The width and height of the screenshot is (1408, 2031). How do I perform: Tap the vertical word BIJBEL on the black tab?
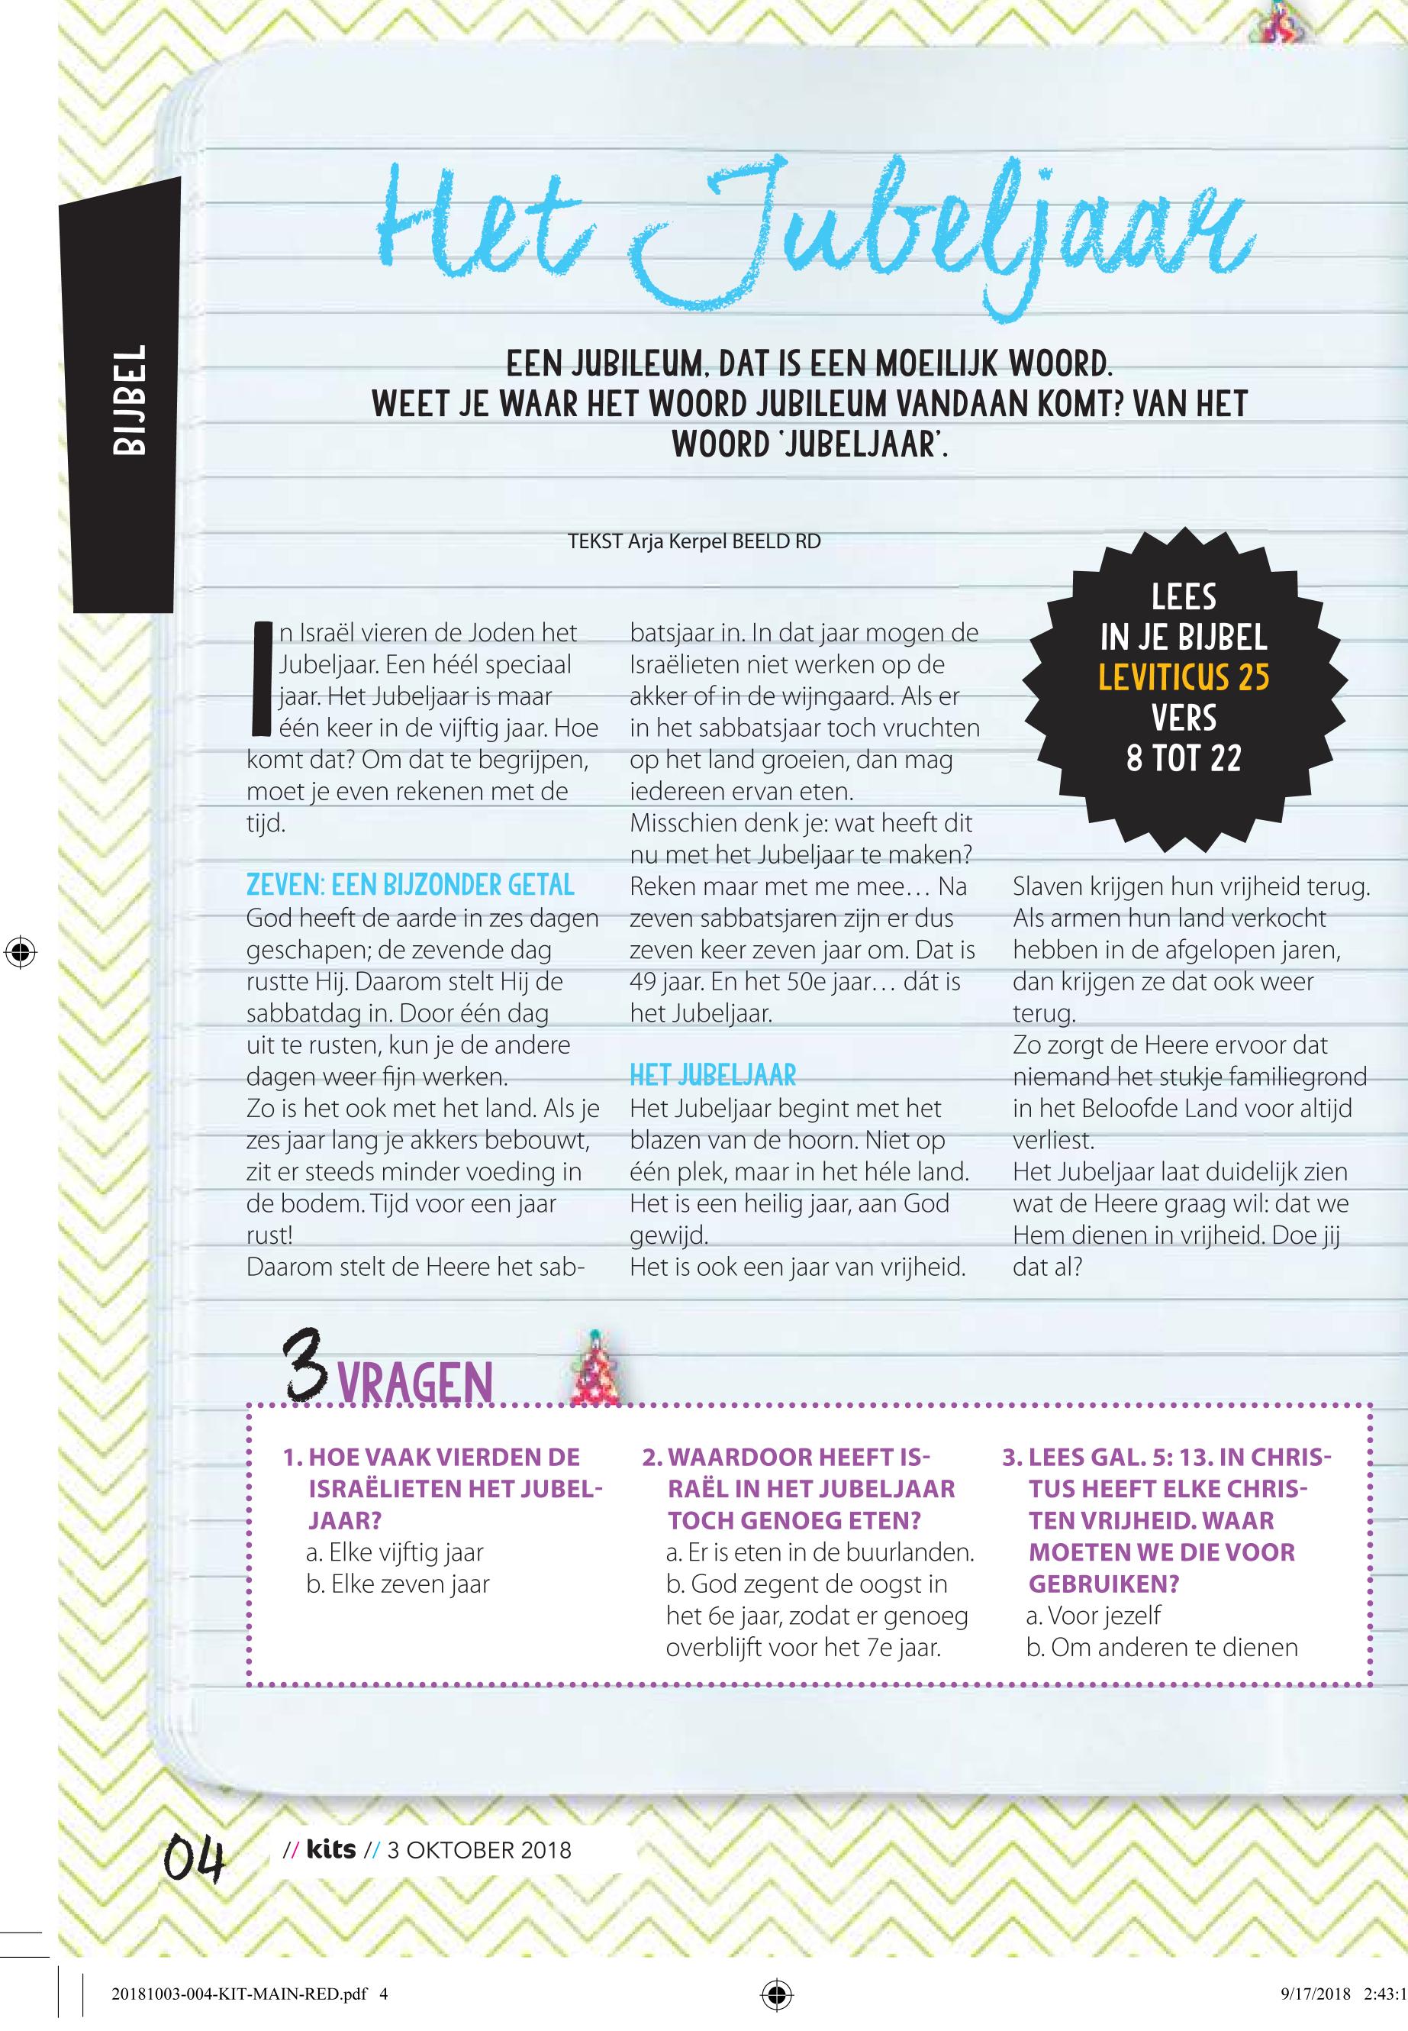point(129,400)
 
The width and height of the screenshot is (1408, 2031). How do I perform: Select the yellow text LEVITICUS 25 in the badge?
point(1183,677)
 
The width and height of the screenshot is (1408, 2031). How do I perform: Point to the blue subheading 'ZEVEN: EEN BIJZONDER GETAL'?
point(411,885)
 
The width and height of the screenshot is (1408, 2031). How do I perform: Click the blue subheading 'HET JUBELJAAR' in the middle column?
point(713,1075)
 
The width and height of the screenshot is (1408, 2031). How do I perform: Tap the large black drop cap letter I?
point(260,679)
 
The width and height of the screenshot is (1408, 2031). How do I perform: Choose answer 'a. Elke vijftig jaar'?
point(395,1552)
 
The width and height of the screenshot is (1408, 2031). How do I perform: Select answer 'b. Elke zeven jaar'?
point(397,1584)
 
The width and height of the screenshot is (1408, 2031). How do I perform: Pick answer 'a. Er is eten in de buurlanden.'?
point(820,1552)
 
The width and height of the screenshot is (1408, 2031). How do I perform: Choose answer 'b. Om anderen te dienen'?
point(1162,1648)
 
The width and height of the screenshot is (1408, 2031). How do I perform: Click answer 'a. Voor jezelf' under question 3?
point(1094,1616)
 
